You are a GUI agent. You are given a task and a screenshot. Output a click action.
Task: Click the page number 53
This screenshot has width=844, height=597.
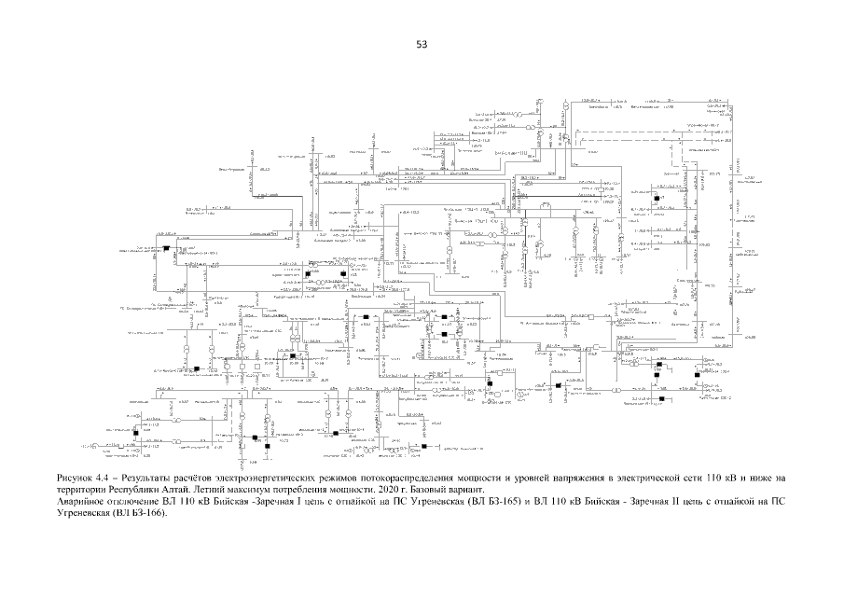(422, 44)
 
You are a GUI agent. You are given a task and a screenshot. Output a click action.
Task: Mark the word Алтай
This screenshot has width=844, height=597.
(174, 489)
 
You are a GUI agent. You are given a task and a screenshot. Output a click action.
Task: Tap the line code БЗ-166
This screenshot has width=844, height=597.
(137, 513)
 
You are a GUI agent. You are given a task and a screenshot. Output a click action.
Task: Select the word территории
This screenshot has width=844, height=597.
(82, 489)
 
